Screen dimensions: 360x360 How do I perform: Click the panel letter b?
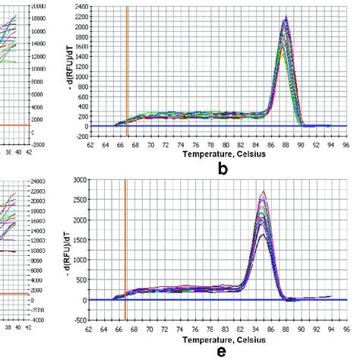coord(222,169)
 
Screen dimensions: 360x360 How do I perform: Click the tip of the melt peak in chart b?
coord(285,17)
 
